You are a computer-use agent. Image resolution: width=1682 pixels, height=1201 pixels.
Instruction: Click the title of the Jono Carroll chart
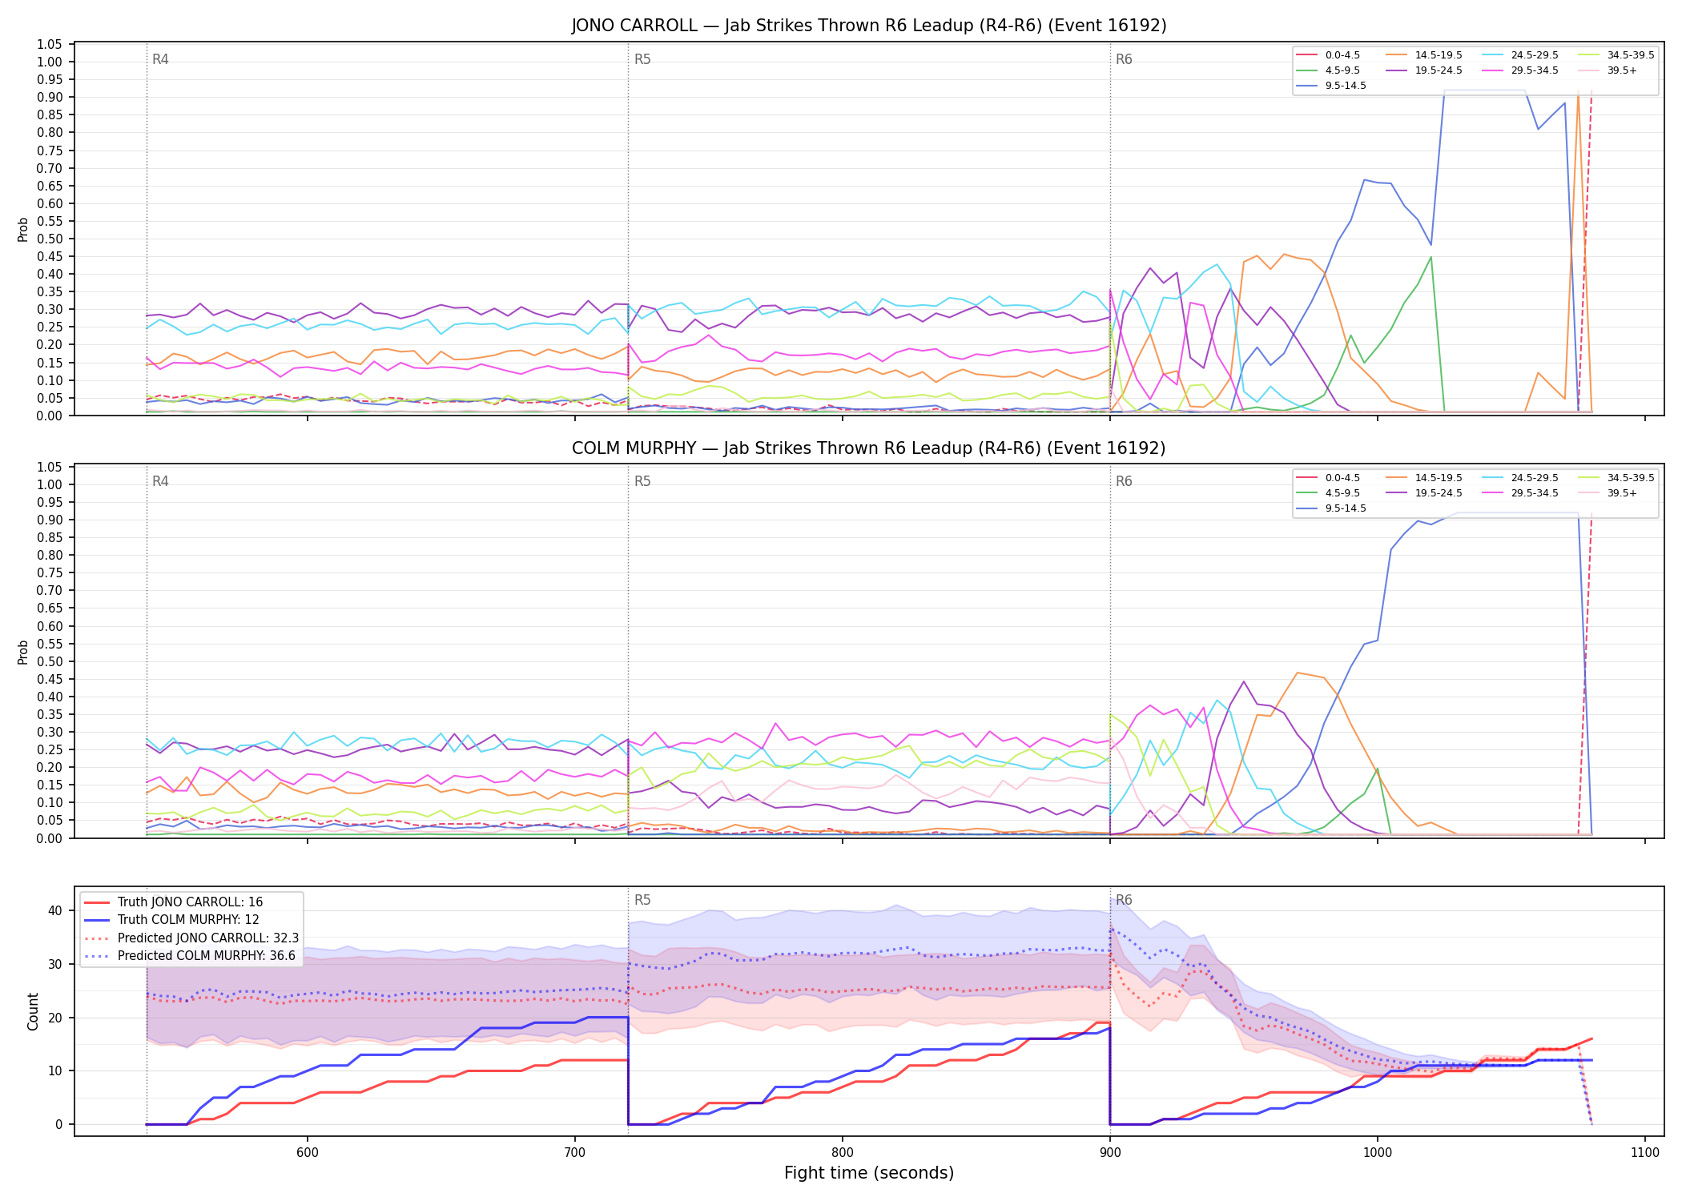pyautogui.click(x=869, y=26)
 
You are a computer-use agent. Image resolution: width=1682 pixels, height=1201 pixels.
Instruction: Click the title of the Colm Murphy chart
pyautogui.click(x=869, y=448)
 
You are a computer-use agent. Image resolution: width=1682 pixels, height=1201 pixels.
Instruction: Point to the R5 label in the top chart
pyautogui.click(x=642, y=59)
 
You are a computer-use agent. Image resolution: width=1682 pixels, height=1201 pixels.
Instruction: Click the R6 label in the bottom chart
pyautogui.click(x=1124, y=900)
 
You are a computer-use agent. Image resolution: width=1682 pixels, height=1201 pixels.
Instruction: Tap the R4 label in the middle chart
pyautogui.click(x=160, y=481)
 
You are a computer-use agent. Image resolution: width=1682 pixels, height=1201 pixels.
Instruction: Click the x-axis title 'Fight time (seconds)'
pyautogui.click(x=869, y=1173)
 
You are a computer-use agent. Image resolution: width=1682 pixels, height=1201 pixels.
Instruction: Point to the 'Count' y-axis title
pyautogui.click(x=33, y=1011)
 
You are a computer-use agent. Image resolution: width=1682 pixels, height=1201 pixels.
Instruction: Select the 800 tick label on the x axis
pyautogui.click(x=843, y=1152)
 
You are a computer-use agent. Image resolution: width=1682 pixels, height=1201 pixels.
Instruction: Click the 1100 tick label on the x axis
pyautogui.click(x=1645, y=1152)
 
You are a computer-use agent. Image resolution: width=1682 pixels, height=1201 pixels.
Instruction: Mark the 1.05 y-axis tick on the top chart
pyautogui.click(x=50, y=44)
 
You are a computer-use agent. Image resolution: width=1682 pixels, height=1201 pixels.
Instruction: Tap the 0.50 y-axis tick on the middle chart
pyautogui.click(x=50, y=661)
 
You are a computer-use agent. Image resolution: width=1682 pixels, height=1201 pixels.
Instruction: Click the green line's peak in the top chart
pyautogui.click(x=1431, y=257)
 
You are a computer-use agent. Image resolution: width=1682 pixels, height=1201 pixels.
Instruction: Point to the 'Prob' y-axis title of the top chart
pyautogui.click(x=23, y=229)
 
